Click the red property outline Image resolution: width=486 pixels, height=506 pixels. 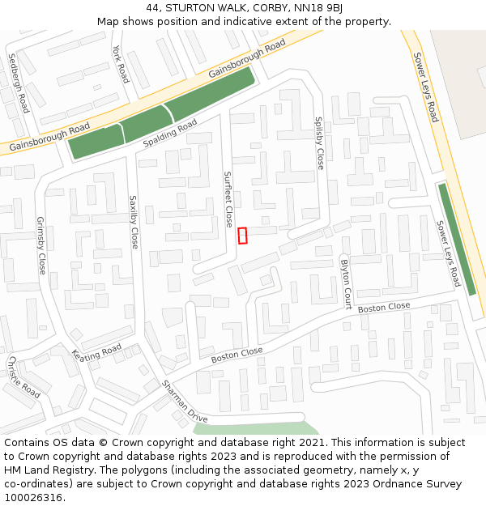pyautogui.click(x=242, y=236)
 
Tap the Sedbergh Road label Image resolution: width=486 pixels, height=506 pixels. pyautogui.click(x=18, y=83)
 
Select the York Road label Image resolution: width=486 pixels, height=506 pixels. pyautogui.click(x=121, y=64)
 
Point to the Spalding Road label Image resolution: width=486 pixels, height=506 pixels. pyautogui.click(x=170, y=134)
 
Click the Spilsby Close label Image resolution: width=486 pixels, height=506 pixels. pyautogui.click(x=319, y=142)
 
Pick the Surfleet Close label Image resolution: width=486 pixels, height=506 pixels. pyautogui.click(x=228, y=199)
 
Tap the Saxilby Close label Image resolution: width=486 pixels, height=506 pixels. pyautogui.click(x=134, y=221)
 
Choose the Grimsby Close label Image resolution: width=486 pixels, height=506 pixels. pyautogui.click(x=42, y=244)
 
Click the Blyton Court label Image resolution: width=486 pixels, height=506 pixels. pyautogui.click(x=346, y=284)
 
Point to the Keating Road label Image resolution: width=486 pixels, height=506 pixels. pyautogui.click(x=96, y=354)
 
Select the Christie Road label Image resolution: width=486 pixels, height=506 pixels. pyautogui.click(x=23, y=376)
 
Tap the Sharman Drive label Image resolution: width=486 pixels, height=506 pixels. pyautogui.click(x=185, y=402)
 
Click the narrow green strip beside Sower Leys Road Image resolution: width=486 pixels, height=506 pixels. pyautogui.click(x=457, y=239)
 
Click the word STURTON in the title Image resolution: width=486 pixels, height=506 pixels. pyautogui.click(x=189, y=8)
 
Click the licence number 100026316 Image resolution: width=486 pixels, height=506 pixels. pyautogui.click(x=32, y=497)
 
